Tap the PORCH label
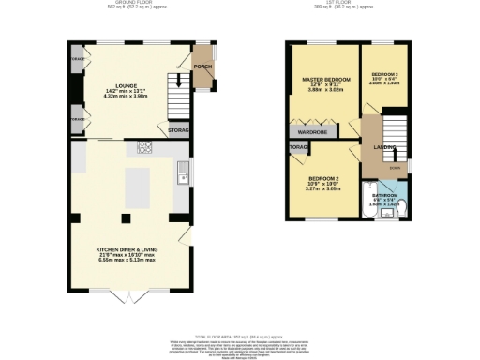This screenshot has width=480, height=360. pyautogui.click(x=201, y=67)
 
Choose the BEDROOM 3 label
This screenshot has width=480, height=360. pyautogui.click(x=384, y=74)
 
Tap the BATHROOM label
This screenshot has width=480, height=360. pyautogui.click(x=384, y=195)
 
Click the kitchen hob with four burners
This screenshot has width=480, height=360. pyautogui.click(x=146, y=146)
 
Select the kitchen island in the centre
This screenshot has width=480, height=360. pyautogui.click(x=138, y=187)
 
